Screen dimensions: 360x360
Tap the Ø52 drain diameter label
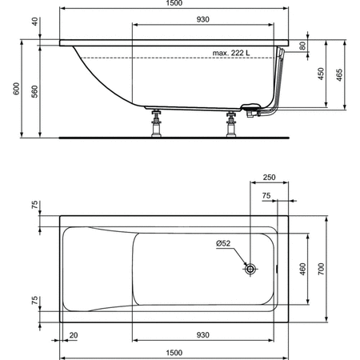click(223, 244)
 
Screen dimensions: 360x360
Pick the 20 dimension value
click(74, 335)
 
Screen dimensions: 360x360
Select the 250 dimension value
click(269, 177)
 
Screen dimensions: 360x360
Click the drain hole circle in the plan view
click(250, 270)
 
